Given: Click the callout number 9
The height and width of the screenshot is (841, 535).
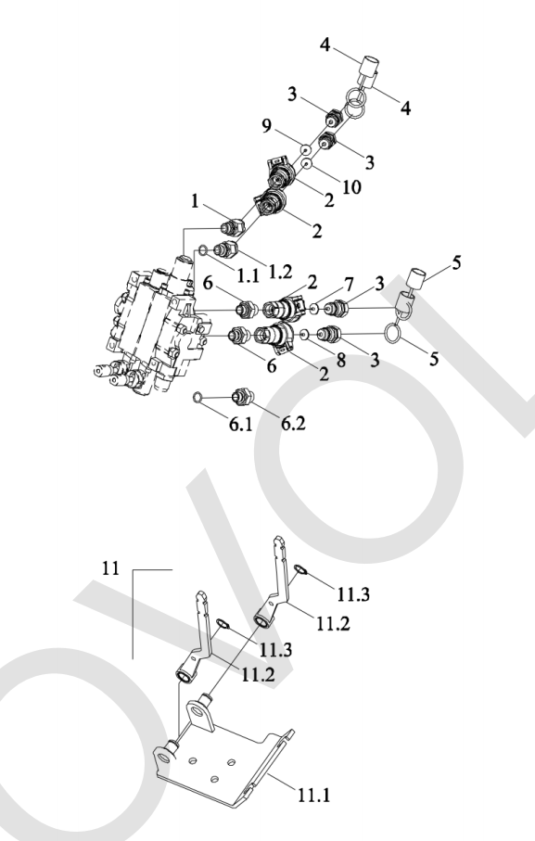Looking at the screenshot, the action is [x=267, y=126].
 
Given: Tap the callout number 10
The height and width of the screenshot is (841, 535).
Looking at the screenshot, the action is [x=351, y=187].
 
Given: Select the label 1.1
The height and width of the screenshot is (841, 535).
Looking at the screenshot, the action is [x=248, y=275].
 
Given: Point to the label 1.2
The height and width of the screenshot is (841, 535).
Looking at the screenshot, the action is [x=280, y=272].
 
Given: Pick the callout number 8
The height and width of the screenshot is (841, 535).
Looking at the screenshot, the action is [x=341, y=360].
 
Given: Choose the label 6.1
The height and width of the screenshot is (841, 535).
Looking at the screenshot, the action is [x=241, y=425].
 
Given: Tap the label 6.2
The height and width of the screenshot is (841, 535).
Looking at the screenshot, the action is [x=293, y=423].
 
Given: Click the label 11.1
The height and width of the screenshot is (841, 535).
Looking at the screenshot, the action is [x=314, y=795].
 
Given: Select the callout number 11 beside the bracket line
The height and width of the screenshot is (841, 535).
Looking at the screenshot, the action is [x=110, y=567].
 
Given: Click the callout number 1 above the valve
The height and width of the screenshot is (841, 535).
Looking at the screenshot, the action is [x=195, y=201].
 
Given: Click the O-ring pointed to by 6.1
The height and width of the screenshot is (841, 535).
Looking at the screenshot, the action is [x=197, y=398].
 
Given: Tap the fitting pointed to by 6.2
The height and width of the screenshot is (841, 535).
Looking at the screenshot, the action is [x=241, y=398].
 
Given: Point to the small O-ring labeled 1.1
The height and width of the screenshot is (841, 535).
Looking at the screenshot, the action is [x=203, y=249].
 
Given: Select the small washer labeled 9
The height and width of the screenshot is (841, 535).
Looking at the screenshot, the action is [x=306, y=149].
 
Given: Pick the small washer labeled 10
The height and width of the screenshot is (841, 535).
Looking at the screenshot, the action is [x=306, y=163].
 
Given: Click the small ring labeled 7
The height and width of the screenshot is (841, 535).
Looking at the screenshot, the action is [x=314, y=309].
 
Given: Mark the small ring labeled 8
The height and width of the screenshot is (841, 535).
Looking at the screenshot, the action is [x=304, y=336].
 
